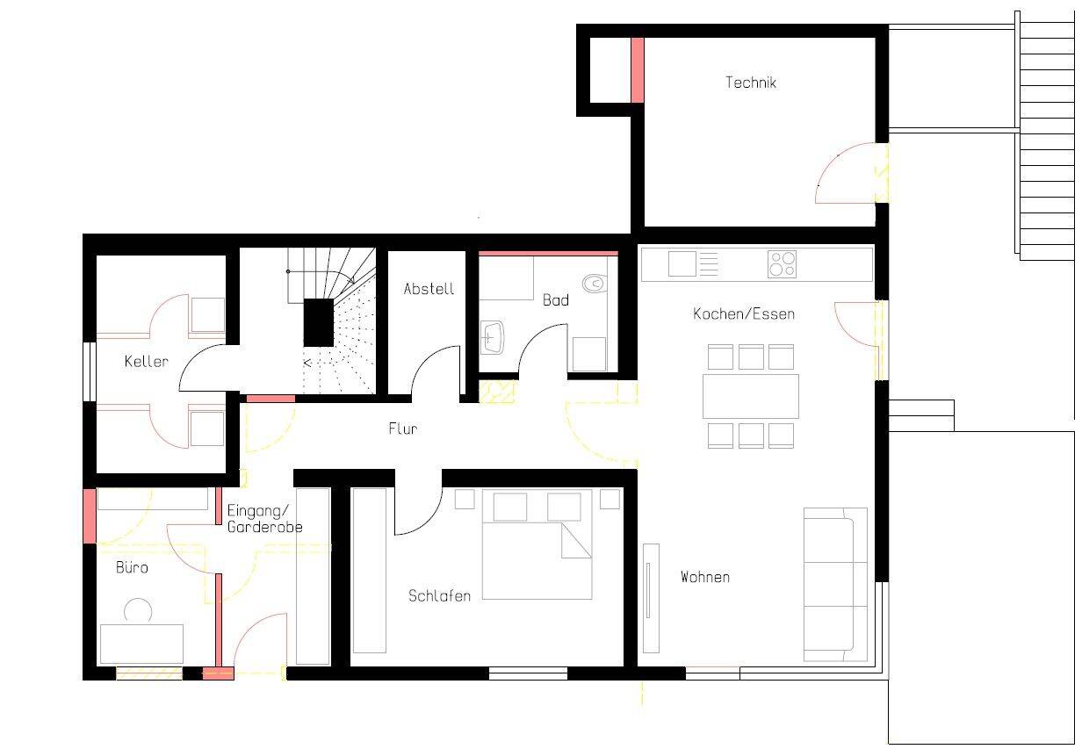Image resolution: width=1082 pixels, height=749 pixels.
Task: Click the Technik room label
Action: point(750,83)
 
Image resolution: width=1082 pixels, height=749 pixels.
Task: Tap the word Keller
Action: point(146,361)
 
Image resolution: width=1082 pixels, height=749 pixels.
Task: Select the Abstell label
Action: point(429,288)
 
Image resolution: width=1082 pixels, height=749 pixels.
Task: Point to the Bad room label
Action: point(555,300)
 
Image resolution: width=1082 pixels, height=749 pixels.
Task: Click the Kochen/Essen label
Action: point(743,313)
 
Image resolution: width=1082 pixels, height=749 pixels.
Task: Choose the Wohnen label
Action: point(704,577)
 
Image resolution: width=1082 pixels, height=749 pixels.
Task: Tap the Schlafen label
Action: point(439,595)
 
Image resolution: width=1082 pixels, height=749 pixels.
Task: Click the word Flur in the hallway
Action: point(403,429)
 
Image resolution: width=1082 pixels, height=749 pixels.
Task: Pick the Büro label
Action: point(132,567)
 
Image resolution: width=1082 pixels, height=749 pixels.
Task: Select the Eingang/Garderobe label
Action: point(264,519)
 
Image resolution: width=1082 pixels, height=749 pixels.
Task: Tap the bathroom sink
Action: point(492,336)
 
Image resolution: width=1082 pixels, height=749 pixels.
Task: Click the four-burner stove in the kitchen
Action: point(782,263)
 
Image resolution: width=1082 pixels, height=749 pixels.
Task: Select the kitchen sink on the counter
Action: point(682,263)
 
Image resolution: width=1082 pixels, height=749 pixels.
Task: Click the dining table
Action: point(750,396)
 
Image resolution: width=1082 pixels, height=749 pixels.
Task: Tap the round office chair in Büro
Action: point(138,609)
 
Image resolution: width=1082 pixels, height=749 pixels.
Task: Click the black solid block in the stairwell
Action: point(319,321)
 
